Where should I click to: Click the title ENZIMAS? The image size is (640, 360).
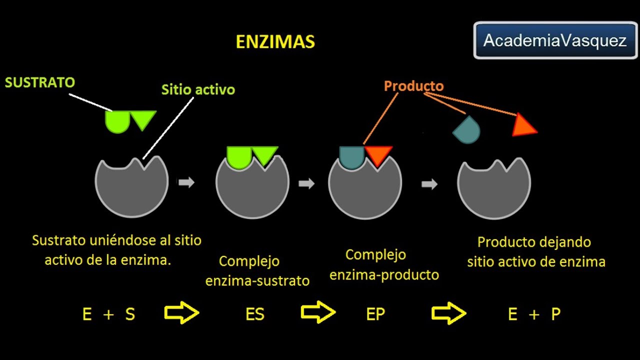tap(275, 42)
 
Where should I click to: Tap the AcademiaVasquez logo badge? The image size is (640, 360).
tap(555, 40)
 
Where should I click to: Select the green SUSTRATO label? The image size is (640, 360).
tap(40, 82)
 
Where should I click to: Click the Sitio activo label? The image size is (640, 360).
tap(198, 89)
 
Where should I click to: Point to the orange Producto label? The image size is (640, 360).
tap(413, 86)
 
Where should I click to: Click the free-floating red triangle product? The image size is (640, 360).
tap(523, 125)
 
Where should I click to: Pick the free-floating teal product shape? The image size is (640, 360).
tap(467, 130)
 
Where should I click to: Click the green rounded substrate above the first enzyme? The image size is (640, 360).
tap(117, 121)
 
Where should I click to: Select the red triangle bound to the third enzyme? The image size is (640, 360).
tap(378, 154)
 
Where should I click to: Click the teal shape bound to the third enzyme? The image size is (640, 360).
tap(351, 157)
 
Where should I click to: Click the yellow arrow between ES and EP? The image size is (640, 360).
tap(317, 313)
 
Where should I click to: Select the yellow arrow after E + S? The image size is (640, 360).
tap(181, 313)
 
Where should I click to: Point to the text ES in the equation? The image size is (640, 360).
tap(255, 314)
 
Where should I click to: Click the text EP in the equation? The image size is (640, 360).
tap(375, 314)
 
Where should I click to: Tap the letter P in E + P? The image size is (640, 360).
tap(555, 314)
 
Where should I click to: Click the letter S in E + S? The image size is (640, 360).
tap(130, 314)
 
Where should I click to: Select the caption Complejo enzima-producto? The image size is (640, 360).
tap(384, 265)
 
